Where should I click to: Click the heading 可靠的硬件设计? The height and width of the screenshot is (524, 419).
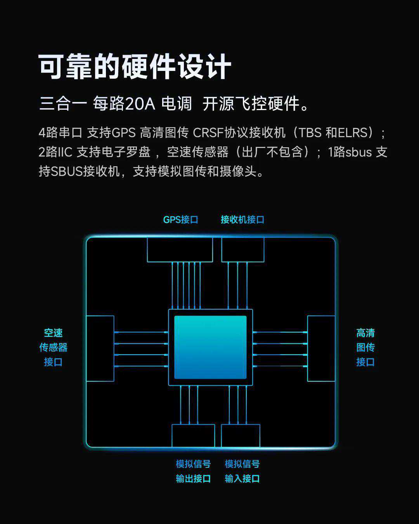pos(135,66)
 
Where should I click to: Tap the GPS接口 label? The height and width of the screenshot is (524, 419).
pos(180,220)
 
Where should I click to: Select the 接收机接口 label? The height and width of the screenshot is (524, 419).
pos(242,220)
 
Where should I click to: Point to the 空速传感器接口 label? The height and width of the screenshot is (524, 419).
pos(53,347)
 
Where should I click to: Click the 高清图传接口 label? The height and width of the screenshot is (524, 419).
pos(365,347)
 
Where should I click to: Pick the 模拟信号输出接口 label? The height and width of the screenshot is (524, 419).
pos(193,471)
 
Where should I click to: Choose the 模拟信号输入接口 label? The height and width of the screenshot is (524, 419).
pos(242,471)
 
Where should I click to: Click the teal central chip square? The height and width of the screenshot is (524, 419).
pos(210,347)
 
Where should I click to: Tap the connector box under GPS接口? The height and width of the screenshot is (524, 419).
pos(180,250)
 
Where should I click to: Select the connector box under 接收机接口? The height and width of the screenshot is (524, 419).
pos(243,250)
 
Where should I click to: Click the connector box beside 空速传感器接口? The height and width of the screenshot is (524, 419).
pos(100,348)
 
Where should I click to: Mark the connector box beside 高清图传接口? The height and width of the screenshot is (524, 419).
pos(321,348)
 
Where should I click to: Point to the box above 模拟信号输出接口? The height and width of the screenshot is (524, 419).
pos(193,436)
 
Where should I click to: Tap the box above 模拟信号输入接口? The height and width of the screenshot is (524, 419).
pos(241,436)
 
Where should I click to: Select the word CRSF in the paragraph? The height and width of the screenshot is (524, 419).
pos(208,133)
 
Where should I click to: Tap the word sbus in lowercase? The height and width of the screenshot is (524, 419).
pos(358,152)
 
